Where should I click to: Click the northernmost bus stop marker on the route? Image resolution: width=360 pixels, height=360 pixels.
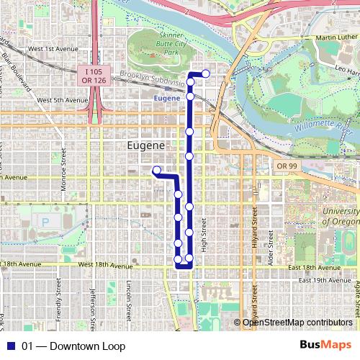[206, 73]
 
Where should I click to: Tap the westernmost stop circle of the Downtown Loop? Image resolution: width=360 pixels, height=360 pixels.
[156, 170]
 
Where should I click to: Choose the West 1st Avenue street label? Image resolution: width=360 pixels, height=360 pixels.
[53, 48]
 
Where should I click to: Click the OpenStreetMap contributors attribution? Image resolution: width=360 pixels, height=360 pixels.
[297, 323]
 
